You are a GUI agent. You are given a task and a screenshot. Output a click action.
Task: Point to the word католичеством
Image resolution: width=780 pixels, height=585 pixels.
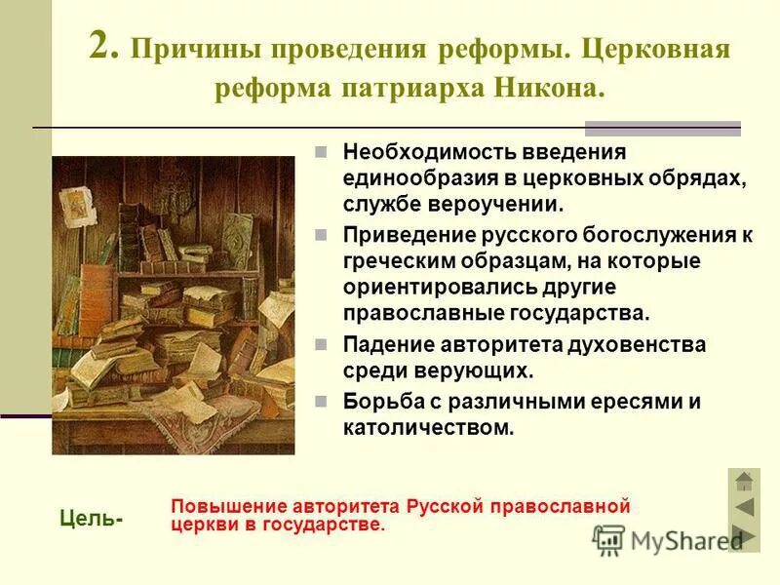click(x=428, y=427)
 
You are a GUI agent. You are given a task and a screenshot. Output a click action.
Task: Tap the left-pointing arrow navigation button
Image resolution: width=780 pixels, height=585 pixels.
click(x=744, y=507)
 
